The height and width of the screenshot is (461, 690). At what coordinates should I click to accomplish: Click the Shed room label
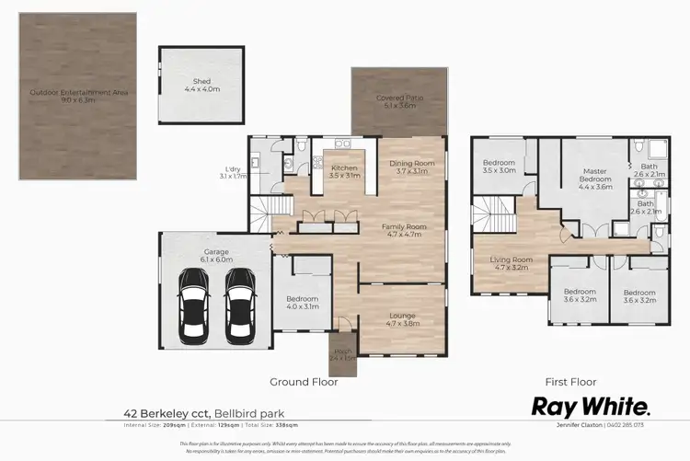pos(201,85)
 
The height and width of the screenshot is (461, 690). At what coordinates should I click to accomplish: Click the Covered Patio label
pos(398,102)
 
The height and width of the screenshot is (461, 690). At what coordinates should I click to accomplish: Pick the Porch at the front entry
pos(342,354)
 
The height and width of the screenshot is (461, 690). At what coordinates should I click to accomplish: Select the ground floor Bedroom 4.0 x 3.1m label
pos(302,303)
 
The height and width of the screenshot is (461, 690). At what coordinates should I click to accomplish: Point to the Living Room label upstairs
pos(511,264)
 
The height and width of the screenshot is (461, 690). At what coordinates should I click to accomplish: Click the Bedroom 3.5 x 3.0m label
pos(500,167)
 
